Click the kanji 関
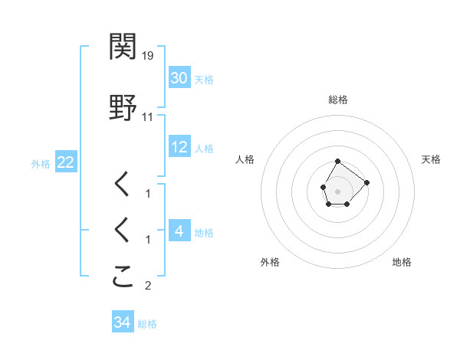tap(123, 47)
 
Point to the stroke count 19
tap(148, 56)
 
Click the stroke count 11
tap(148, 117)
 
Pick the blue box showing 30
tap(179, 78)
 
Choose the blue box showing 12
tap(179, 147)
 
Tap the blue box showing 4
tap(179, 231)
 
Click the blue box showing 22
tap(65, 162)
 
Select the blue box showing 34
tap(122, 322)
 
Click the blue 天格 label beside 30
tap(204, 79)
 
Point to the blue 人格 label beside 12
tap(204, 148)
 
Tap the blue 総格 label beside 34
tap(147, 324)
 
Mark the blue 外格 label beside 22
tap(41, 163)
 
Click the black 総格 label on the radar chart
tap(338, 100)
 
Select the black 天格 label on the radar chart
tap(432, 159)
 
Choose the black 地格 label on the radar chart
tap(402, 262)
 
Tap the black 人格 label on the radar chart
tap(245, 159)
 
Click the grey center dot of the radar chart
tap(338, 190)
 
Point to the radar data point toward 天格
tap(366, 182)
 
